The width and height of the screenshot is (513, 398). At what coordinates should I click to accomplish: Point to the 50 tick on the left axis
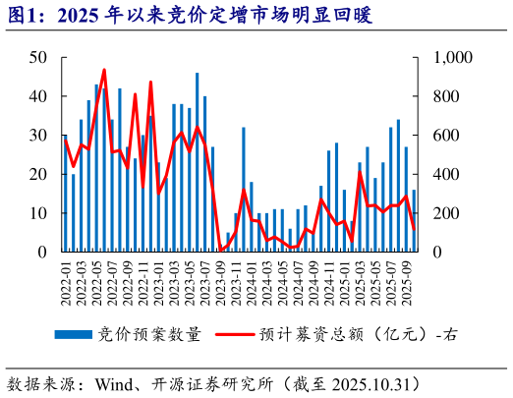click(38, 58)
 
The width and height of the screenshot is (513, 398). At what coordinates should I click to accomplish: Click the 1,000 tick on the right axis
click(447, 58)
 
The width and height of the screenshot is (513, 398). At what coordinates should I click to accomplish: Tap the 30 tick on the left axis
click(38, 136)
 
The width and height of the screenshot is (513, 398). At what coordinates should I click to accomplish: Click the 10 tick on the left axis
click(38, 213)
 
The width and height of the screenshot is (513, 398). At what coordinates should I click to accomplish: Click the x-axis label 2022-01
click(66, 278)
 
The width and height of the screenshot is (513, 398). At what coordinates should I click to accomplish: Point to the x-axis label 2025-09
click(407, 278)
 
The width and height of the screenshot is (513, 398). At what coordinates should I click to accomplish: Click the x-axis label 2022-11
click(143, 278)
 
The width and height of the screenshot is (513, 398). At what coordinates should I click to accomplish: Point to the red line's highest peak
click(104, 70)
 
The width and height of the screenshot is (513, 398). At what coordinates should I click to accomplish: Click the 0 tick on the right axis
click(431, 252)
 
